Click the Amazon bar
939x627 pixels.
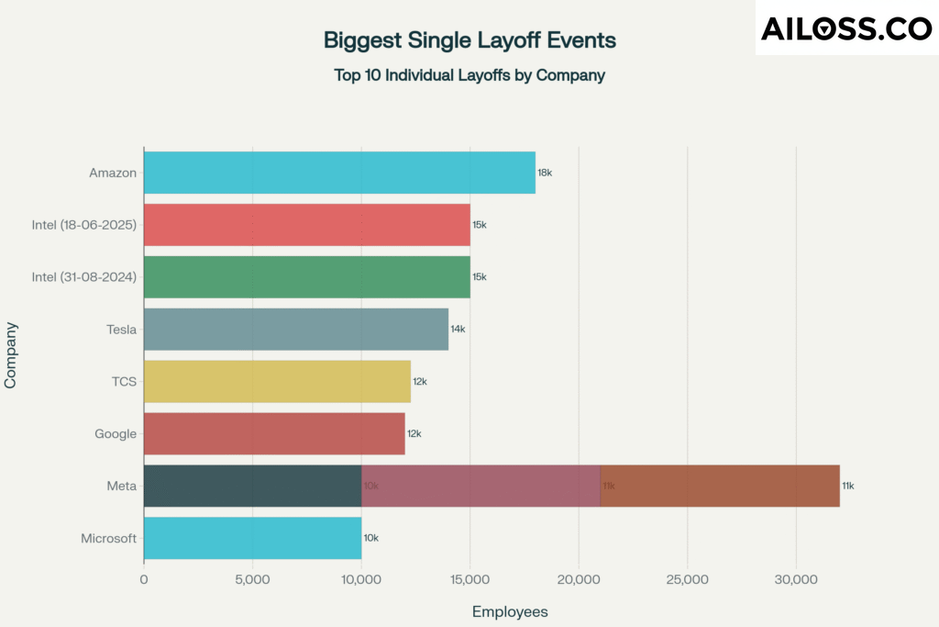coord(339,173)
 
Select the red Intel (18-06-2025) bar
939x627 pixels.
coord(306,225)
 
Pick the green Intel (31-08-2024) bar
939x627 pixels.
coord(306,277)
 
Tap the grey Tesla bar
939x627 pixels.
coord(295,329)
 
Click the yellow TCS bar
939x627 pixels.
coord(277,381)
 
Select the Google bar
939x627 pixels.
coord(274,433)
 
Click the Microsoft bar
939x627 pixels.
coord(252,538)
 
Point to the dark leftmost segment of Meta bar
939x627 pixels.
coord(252,486)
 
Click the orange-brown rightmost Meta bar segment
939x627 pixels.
coord(720,486)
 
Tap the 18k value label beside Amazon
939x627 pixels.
coord(545,173)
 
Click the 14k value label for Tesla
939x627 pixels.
coord(458,329)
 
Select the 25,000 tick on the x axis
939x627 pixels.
coord(687,580)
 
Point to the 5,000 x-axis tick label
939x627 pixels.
coord(252,580)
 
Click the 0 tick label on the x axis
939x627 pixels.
coord(144,580)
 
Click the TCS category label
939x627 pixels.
coord(124,381)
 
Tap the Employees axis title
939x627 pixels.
coord(510,611)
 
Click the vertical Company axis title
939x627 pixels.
coord(11,354)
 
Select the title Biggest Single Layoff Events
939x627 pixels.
coord(469,40)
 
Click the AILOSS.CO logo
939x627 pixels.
coord(846,28)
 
